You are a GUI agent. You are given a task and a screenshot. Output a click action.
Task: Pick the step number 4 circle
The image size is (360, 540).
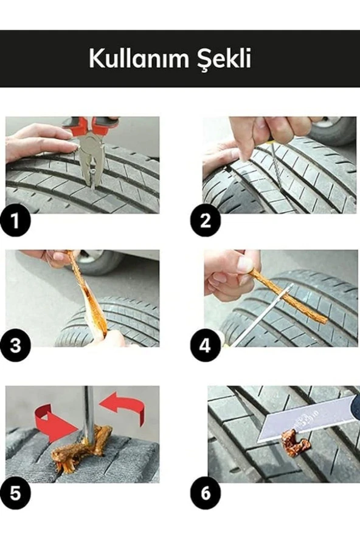(206, 347)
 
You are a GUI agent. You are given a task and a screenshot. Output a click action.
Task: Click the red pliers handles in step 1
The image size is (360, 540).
(89, 125)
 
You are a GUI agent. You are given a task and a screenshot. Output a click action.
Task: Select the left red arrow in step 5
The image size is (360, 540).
(52, 423)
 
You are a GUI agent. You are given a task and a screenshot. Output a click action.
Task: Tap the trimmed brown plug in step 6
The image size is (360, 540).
(296, 443)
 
